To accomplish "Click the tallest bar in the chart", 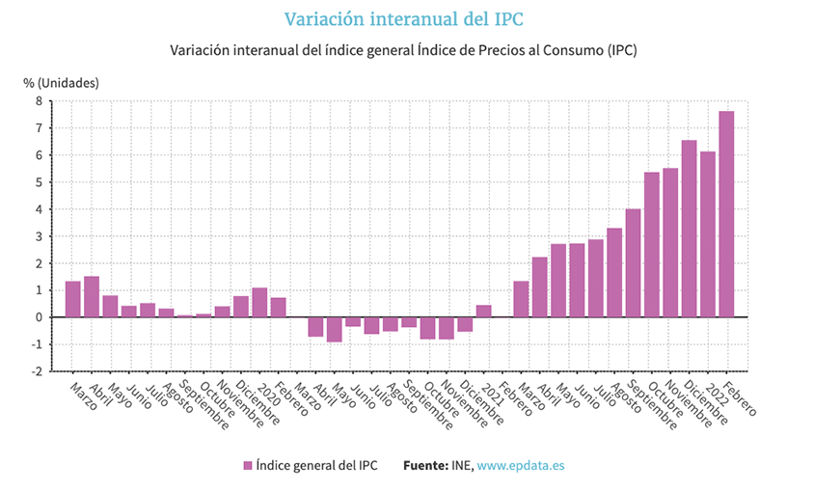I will [x=726, y=214].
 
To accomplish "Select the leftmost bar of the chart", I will [x=72, y=299].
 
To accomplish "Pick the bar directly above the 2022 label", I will [x=708, y=234].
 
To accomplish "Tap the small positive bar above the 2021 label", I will [x=483, y=311].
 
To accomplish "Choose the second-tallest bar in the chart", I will [x=689, y=229].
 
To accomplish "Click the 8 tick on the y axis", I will [x=39, y=100].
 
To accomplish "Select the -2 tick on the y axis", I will [x=36, y=371].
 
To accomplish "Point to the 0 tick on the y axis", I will [x=39, y=317].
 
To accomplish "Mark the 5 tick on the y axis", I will [x=39, y=181].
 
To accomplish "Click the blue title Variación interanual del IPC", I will [x=406, y=19].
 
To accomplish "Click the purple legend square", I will [x=248, y=465].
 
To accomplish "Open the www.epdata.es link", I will [x=521, y=465].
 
